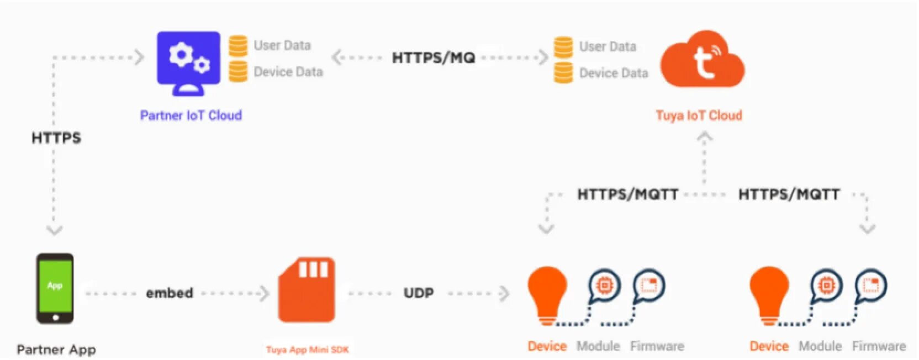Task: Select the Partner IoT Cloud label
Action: pyautogui.click(x=191, y=115)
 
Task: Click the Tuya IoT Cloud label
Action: pyautogui.click(x=699, y=115)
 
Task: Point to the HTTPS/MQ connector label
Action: pyautogui.click(x=434, y=57)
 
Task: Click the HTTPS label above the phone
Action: pyautogui.click(x=56, y=137)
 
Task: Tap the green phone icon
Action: pyautogui.click(x=55, y=288)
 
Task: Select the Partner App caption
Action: pyautogui.click(x=56, y=350)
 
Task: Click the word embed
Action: pyautogui.click(x=170, y=293)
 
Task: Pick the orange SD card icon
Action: pyautogui.click(x=307, y=290)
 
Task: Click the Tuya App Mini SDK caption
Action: pyautogui.click(x=307, y=350)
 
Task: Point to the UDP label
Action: pyautogui.click(x=419, y=293)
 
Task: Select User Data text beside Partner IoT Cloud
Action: pyautogui.click(x=282, y=45)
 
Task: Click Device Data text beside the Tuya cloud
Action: pyautogui.click(x=613, y=73)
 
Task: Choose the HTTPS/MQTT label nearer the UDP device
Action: pyautogui.click(x=627, y=194)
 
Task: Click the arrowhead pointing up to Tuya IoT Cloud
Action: pyautogui.click(x=704, y=136)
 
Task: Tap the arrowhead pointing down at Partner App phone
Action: pyautogui.click(x=54, y=230)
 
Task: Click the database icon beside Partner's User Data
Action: pyautogui.click(x=238, y=46)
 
